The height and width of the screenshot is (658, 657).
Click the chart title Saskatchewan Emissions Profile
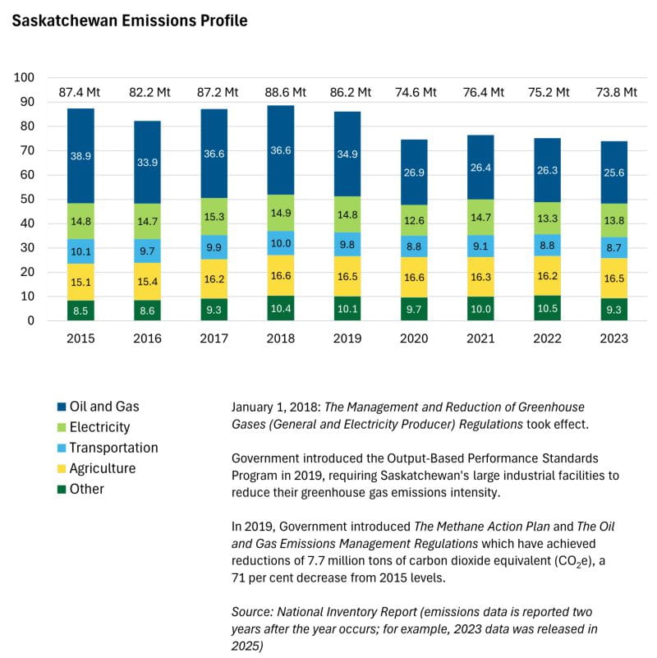129,21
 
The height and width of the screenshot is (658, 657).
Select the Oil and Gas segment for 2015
80,155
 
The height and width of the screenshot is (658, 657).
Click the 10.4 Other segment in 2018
280,307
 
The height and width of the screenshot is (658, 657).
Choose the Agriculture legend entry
103,468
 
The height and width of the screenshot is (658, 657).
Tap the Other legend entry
87,489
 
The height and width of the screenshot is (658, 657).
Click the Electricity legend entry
99,427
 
